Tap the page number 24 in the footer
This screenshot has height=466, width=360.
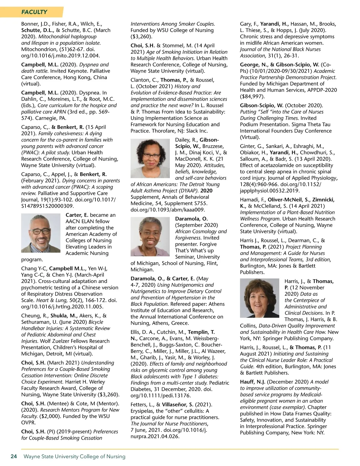point(14,456)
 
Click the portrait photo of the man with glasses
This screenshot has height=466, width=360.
point(41,233)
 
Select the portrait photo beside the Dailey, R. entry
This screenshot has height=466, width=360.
point(150,158)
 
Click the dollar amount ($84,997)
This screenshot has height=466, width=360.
point(252,96)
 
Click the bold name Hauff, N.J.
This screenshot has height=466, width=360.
point(252,382)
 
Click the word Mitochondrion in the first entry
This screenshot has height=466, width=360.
point(36,49)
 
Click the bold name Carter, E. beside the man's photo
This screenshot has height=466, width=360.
point(77,215)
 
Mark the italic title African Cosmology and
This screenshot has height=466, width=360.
point(201,231)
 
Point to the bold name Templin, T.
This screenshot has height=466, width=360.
point(201,332)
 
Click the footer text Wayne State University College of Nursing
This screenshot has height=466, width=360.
point(74,456)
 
